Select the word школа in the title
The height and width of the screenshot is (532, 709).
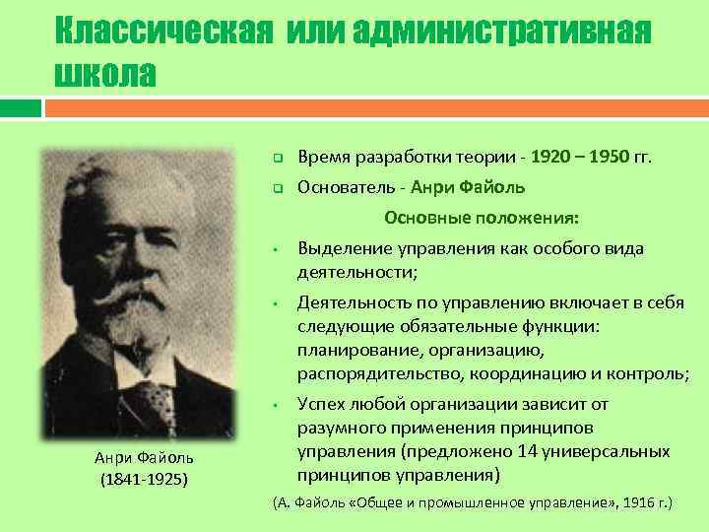coord(105,74)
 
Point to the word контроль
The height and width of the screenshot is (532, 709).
coord(649,372)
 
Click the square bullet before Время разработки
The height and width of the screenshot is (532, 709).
coord(278,159)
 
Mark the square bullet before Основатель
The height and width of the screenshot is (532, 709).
coord(278,188)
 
